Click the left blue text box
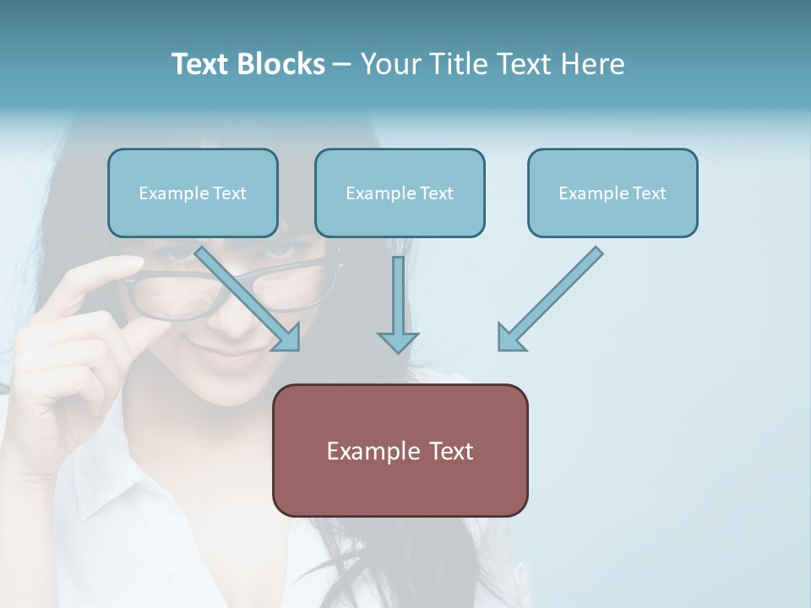click(x=193, y=193)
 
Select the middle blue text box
click(x=400, y=193)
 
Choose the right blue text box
click(x=612, y=193)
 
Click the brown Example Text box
click(x=400, y=450)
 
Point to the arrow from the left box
click(x=246, y=296)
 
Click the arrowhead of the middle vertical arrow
click(x=398, y=341)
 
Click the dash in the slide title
click(x=342, y=65)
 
